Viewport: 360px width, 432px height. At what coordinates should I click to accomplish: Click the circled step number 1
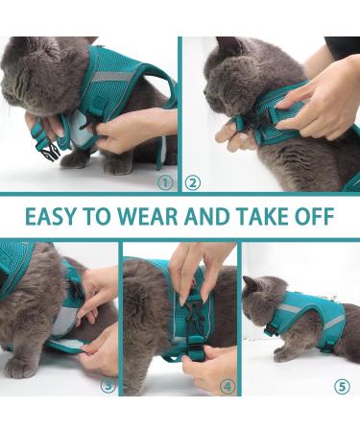coord(164,181)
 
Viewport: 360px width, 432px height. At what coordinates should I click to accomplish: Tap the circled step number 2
coord(193,181)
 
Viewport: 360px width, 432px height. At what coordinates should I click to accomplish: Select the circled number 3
coord(108,387)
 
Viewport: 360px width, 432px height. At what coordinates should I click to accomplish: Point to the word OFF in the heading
coord(314,217)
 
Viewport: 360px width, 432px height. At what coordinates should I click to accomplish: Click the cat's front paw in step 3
coord(21,366)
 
